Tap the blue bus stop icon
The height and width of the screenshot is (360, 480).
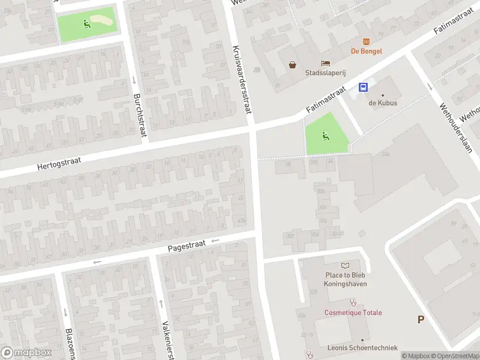coord(363,87)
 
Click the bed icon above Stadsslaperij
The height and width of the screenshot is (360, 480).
coord(325,64)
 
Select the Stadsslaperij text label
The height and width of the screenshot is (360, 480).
coord(325,75)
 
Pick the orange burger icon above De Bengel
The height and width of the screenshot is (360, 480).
coord(366,40)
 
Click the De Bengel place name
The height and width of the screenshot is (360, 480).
coord(366,52)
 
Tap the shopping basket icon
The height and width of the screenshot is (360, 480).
coord(292,64)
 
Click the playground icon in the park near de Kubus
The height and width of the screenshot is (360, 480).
coord(326,136)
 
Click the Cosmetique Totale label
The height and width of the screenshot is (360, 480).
coord(353,313)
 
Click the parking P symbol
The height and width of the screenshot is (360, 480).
coord(421,319)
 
